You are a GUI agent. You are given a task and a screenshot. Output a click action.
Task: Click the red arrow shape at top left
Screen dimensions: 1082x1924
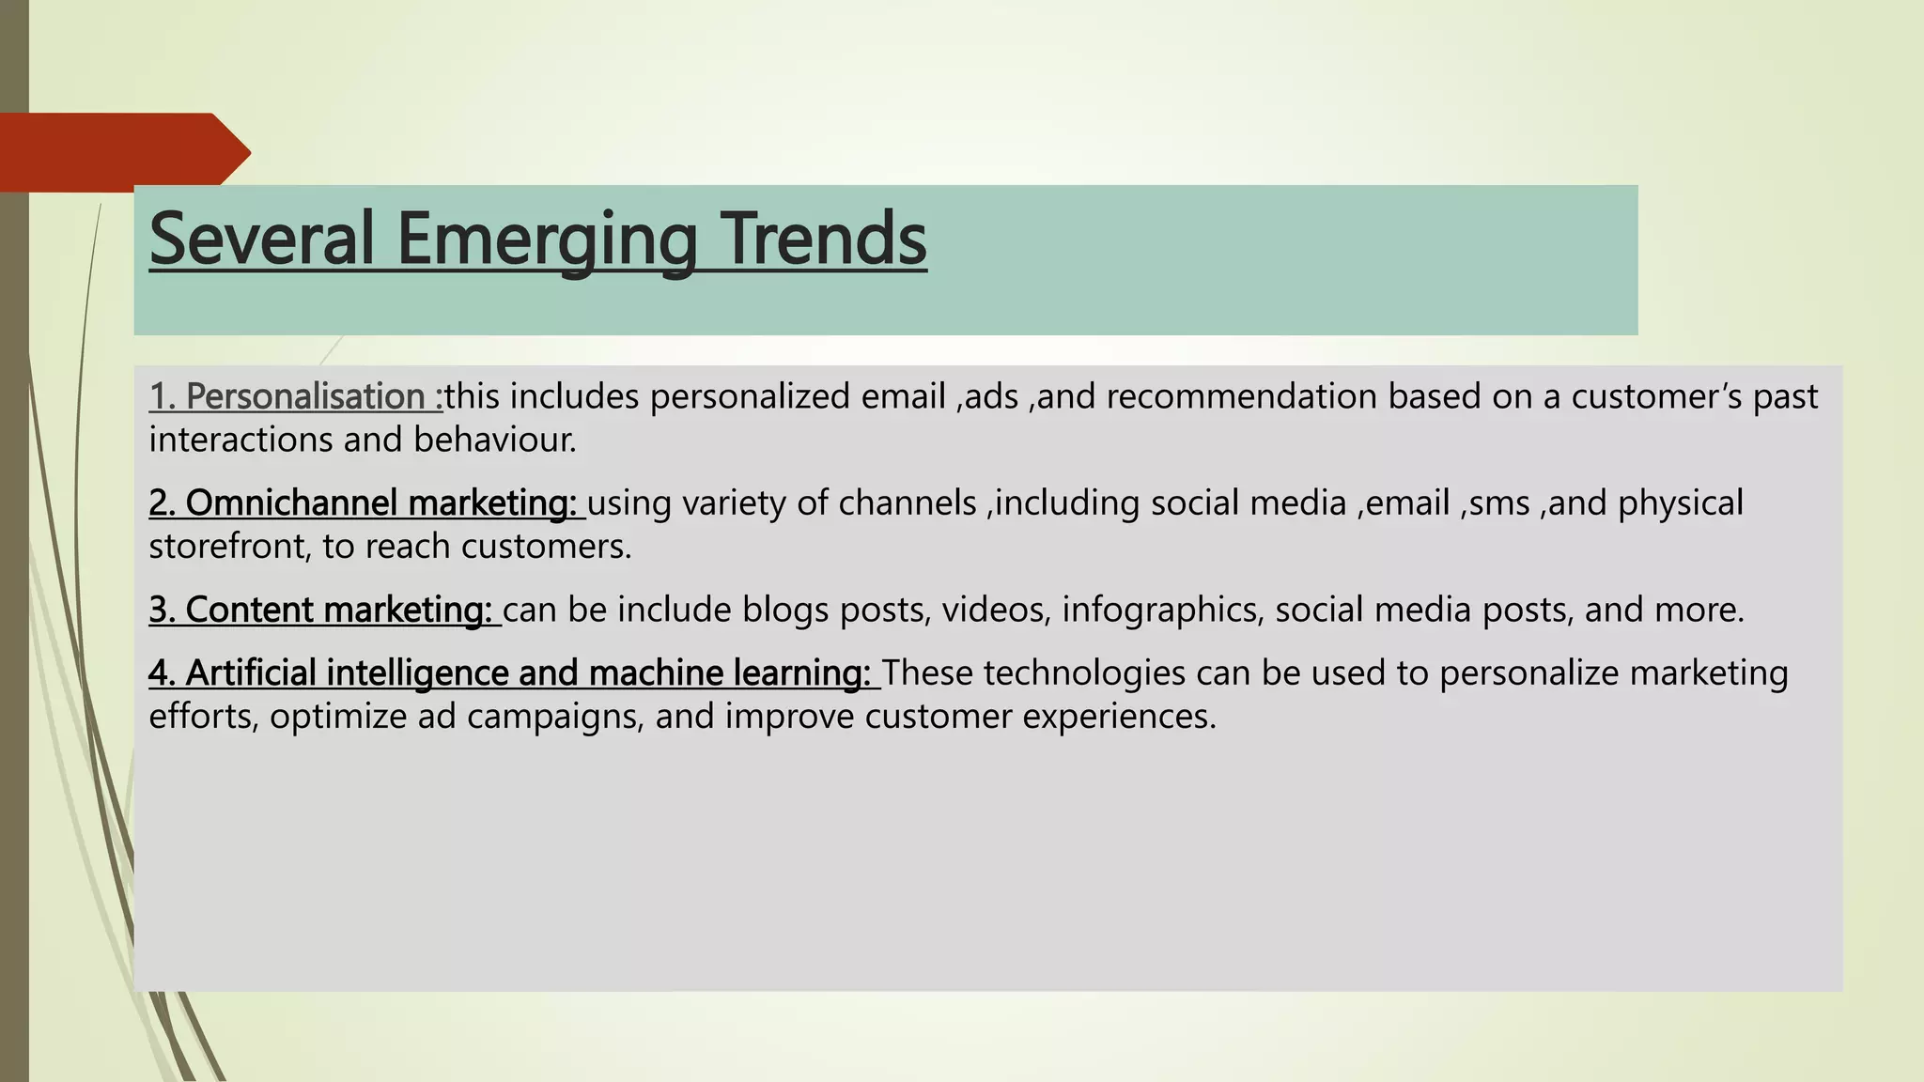(122, 152)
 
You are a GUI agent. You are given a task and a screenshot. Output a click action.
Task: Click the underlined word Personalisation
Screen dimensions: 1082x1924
(305, 396)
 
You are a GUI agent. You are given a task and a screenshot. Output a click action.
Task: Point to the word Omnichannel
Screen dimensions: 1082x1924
(292, 503)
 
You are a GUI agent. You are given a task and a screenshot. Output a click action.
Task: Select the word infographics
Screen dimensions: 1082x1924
(1161, 611)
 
